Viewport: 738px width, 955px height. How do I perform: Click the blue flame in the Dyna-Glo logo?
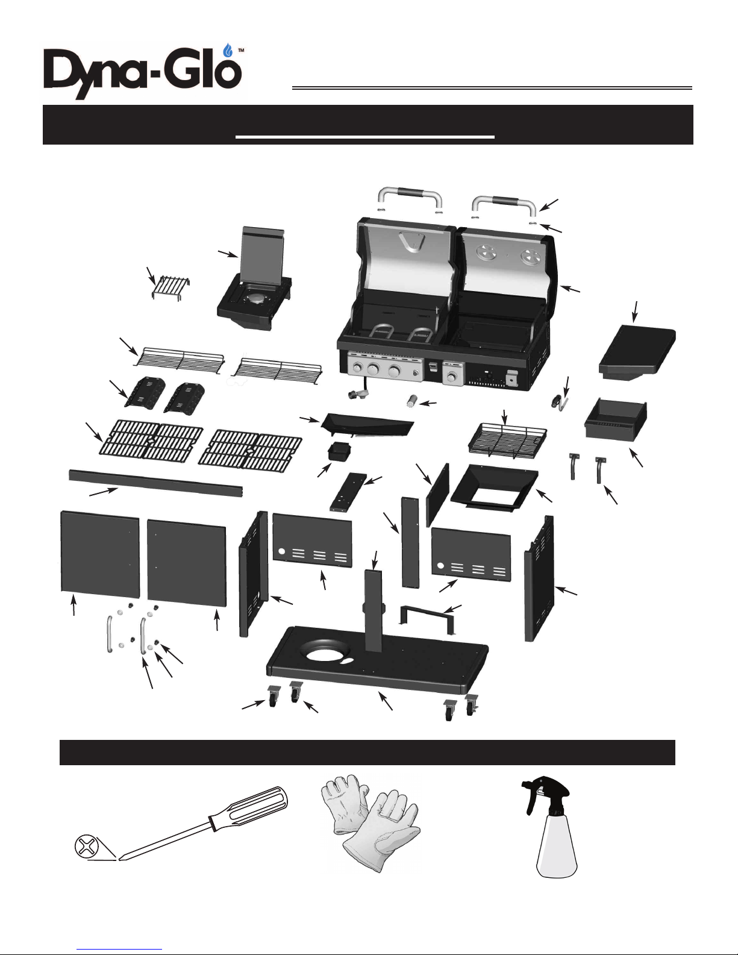228,51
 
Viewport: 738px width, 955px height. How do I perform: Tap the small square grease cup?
339,451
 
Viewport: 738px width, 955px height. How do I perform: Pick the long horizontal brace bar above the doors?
156,484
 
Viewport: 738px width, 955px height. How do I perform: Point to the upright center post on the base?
373,611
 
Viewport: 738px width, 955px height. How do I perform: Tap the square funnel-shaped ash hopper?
494,488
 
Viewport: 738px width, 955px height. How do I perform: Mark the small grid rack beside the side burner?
170,287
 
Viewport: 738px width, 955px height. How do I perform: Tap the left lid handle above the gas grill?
410,198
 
